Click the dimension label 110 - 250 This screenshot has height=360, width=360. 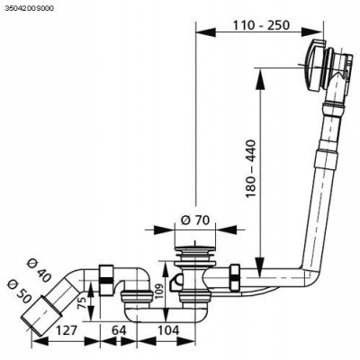tap(261, 25)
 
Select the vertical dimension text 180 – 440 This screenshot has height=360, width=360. tap(250, 168)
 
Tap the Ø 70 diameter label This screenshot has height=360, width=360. tap(195, 220)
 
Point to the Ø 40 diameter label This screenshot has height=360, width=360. tap(39, 270)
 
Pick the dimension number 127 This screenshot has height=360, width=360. tap(66, 330)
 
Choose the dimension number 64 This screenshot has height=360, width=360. tap(119, 330)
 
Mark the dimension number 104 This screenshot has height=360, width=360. tap(168, 330)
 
